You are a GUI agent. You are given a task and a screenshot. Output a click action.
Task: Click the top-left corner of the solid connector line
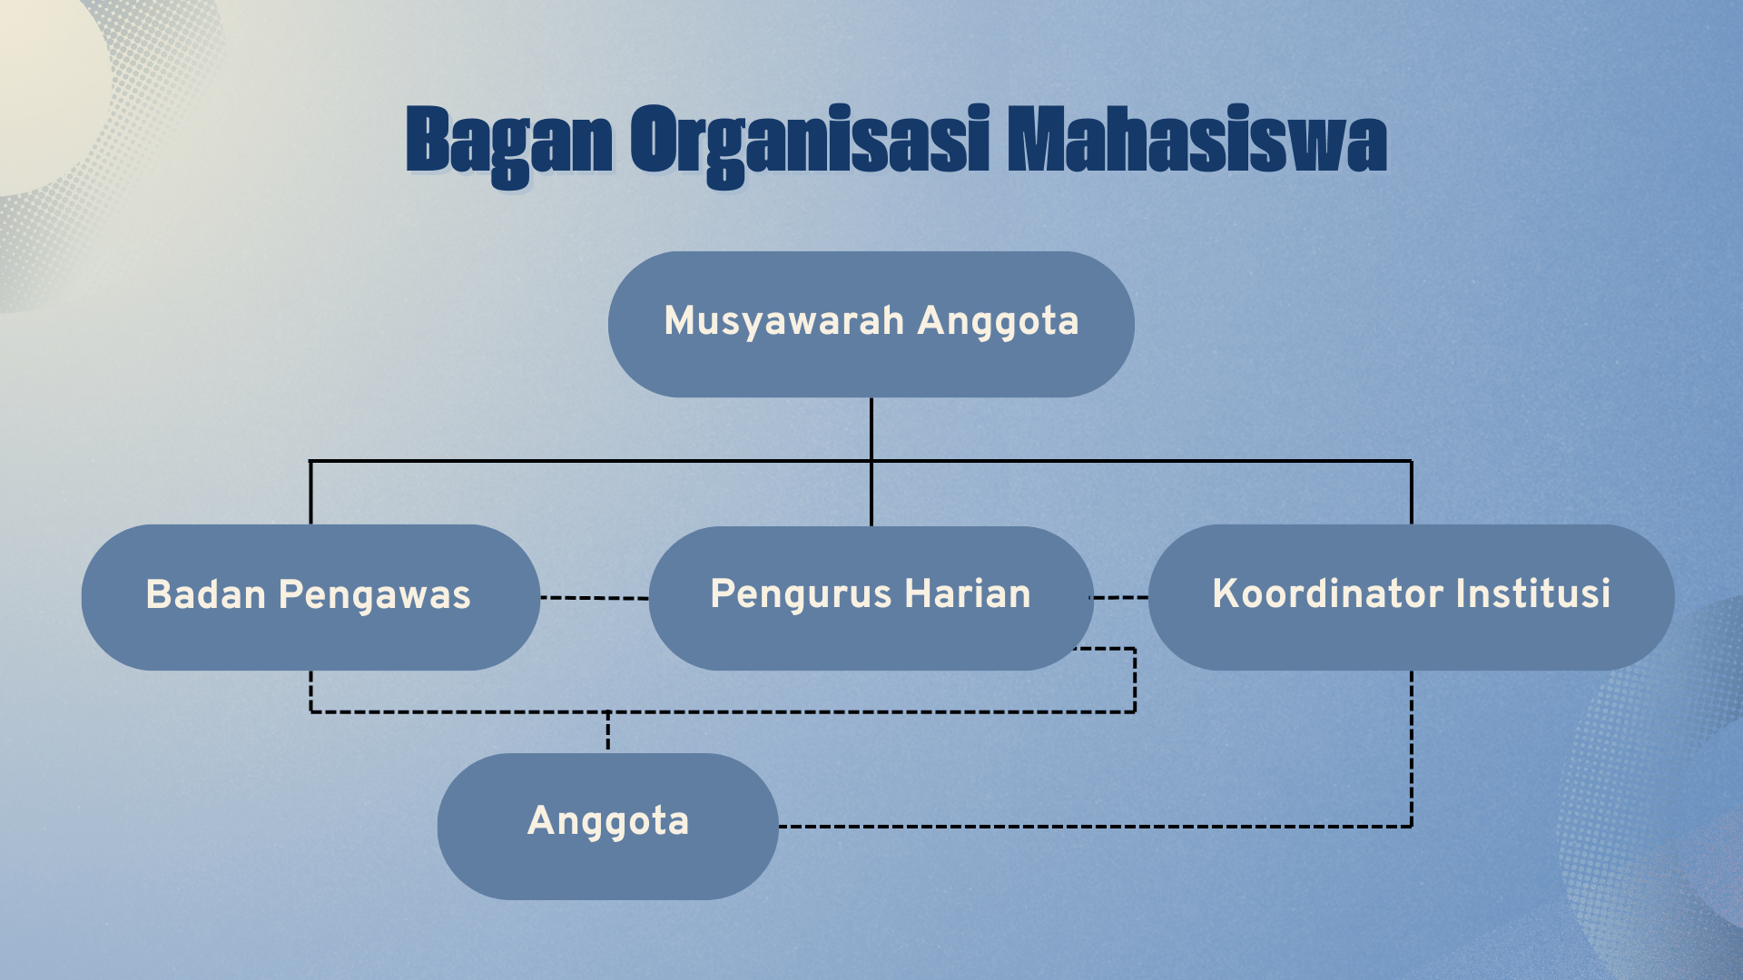(x=310, y=461)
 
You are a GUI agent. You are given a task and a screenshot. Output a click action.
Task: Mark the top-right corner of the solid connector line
(x=1412, y=461)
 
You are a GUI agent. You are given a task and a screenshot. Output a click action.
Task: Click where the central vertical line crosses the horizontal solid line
(x=871, y=461)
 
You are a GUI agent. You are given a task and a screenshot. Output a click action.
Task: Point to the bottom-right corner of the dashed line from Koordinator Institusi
(x=1412, y=827)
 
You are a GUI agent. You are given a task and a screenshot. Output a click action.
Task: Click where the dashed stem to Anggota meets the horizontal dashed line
(x=608, y=712)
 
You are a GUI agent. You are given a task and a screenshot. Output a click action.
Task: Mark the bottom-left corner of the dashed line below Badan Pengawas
(x=310, y=712)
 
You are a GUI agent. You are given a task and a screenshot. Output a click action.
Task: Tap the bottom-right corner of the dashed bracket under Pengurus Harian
(x=1135, y=712)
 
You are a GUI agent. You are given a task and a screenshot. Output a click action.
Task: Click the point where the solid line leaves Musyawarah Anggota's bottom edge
(x=871, y=397)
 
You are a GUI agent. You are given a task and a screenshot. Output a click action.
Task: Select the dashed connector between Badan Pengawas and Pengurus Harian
(x=595, y=598)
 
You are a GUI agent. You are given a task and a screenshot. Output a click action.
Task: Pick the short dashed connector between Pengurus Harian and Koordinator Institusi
(x=1119, y=598)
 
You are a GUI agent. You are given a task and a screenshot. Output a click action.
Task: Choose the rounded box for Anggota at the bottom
(x=608, y=827)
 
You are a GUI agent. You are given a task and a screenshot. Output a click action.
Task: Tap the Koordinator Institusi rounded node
(x=1412, y=597)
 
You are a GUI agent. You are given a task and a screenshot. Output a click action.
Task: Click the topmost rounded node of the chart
(x=871, y=324)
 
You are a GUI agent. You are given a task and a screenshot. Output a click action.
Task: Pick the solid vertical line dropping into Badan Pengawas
(x=310, y=493)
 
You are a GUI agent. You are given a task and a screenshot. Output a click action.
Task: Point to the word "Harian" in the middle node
(x=968, y=593)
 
